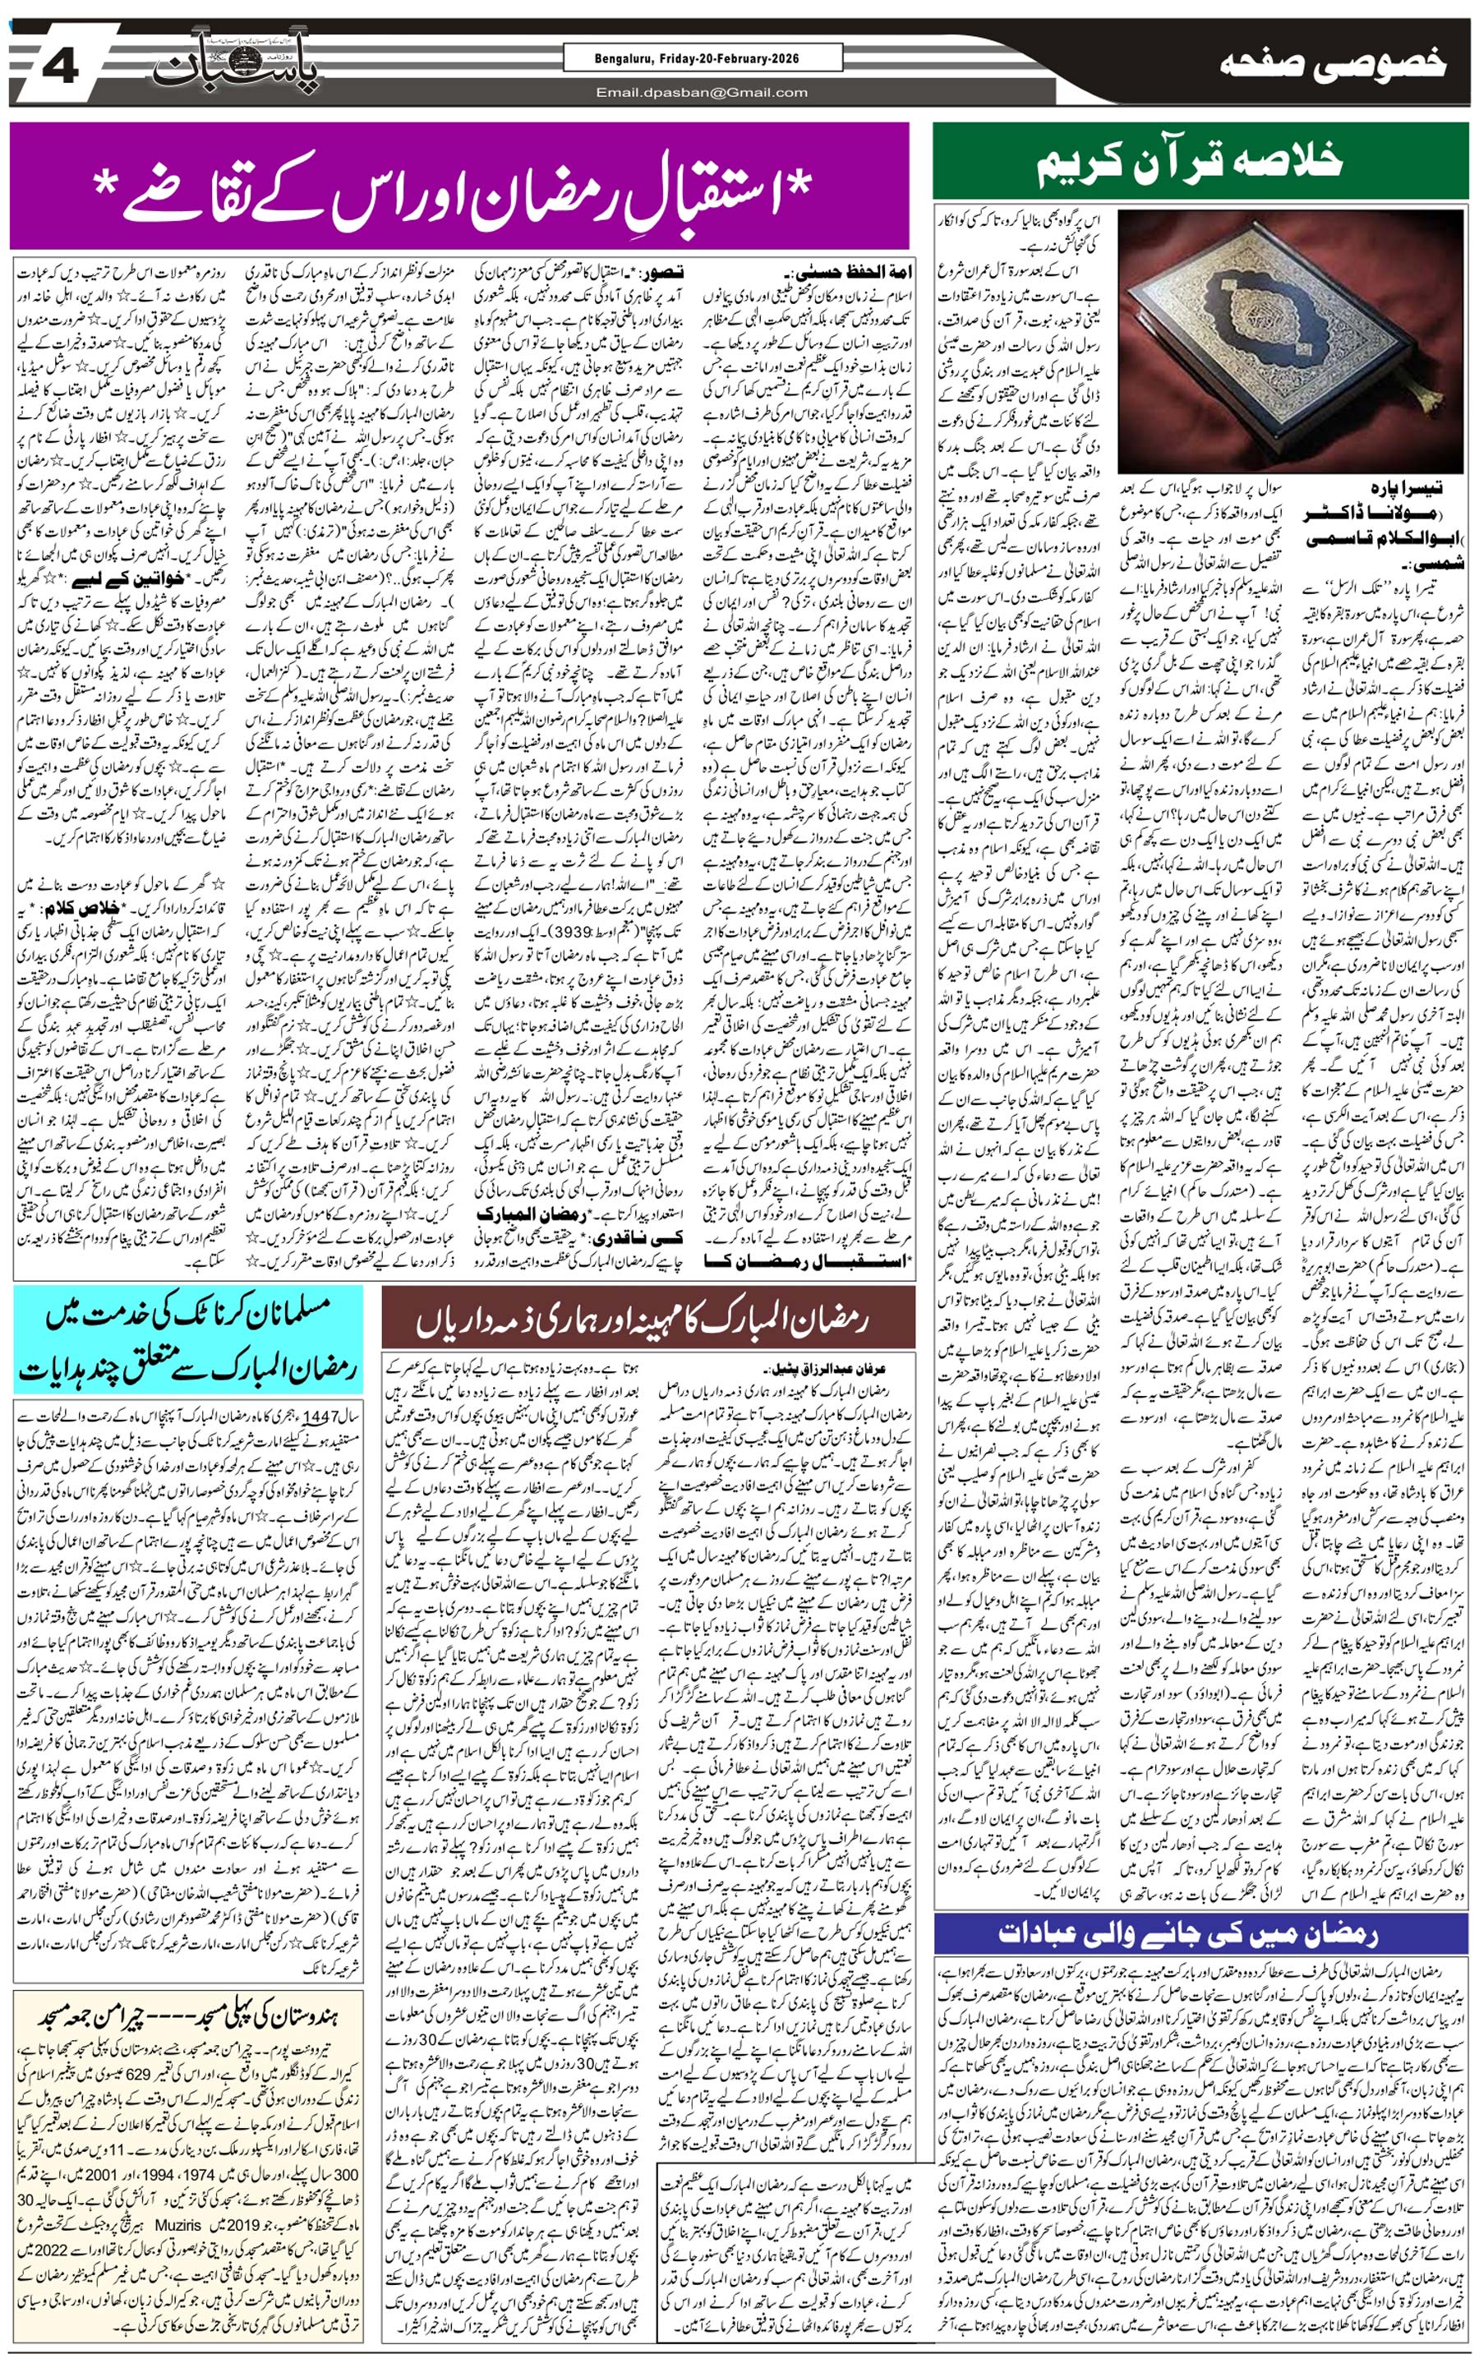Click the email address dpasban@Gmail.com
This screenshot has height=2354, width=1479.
click(703, 93)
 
